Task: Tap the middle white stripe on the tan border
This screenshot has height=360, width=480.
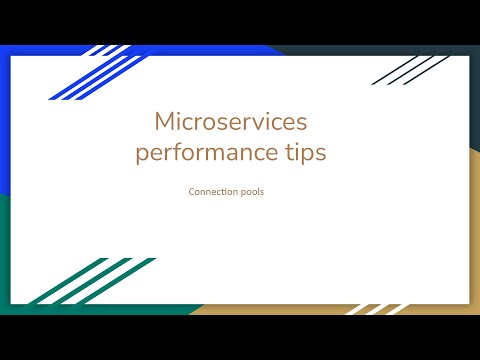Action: [x=380, y=308]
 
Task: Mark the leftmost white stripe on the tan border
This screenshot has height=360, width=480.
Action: [x=360, y=309]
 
